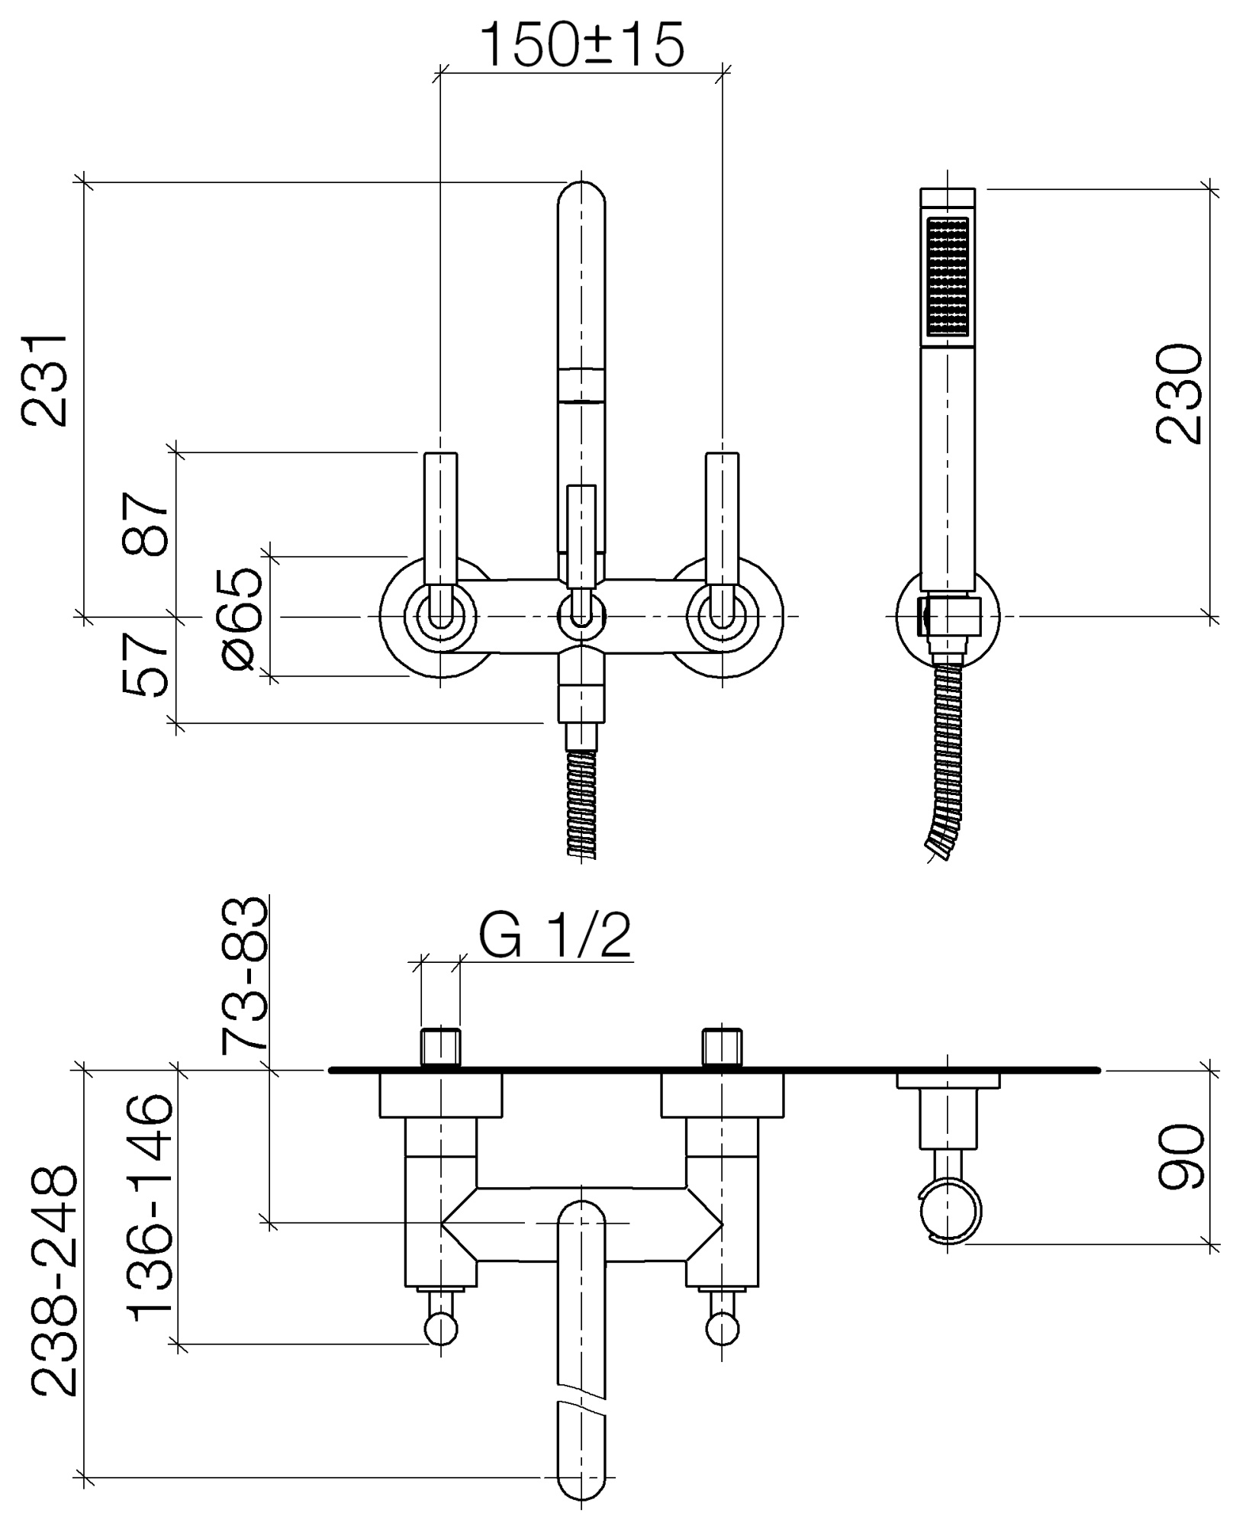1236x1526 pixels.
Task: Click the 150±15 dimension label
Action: click(x=583, y=44)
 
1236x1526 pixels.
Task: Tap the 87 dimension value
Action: click(x=145, y=525)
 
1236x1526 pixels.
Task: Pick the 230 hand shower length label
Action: click(x=1179, y=394)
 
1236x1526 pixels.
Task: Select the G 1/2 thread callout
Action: click(x=555, y=936)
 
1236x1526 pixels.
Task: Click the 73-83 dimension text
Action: click(x=244, y=975)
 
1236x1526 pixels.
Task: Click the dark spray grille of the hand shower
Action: click(x=947, y=278)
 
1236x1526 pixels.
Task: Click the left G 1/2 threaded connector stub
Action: click(x=441, y=1048)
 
